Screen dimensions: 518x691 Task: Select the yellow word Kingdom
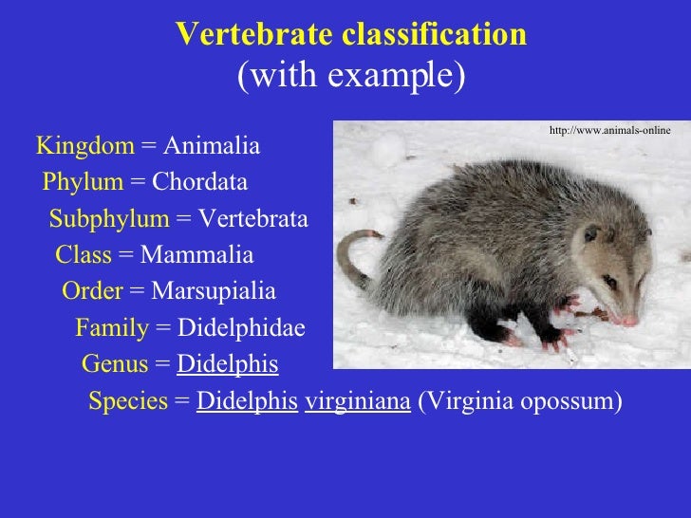tap(85, 146)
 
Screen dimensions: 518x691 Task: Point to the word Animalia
tap(211, 146)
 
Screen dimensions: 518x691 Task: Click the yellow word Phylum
tap(83, 182)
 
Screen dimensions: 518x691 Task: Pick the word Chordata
tap(199, 182)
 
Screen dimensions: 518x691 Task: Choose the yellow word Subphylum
tap(108, 219)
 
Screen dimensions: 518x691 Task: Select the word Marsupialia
tap(214, 291)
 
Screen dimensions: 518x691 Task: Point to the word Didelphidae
tap(242, 328)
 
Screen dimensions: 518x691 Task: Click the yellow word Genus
tap(115, 364)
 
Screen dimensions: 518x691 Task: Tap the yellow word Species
tap(128, 401)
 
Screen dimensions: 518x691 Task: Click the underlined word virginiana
tap(358, 401)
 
